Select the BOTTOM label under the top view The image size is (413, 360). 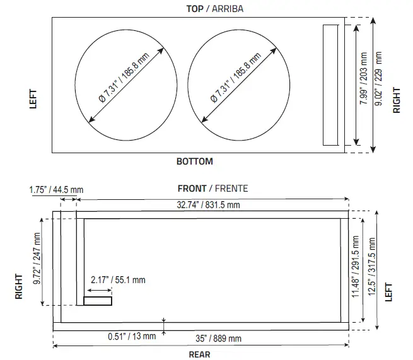[x=194, y=161]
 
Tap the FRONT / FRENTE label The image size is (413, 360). [x=212, y=188]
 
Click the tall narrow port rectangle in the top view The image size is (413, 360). [x=331, y=85]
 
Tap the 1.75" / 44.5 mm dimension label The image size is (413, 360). [x=56, y=189]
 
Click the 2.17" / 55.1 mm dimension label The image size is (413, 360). [x=117, y=279]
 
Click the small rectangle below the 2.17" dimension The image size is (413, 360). [x=98, y=301]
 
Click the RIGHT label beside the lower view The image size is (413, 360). [x=20, y=285]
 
